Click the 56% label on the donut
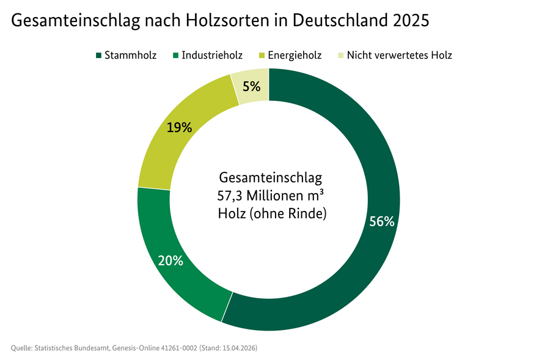coord(381,222)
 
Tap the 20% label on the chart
coord(170,260)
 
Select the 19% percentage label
coord(180,128)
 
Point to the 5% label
coord(251,86)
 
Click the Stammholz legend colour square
coord(98,56)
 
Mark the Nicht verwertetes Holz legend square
coord(340,56)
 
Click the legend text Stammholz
coord(130,56)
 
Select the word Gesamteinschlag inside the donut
coord(270,178)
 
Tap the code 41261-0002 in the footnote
coord(180,348)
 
